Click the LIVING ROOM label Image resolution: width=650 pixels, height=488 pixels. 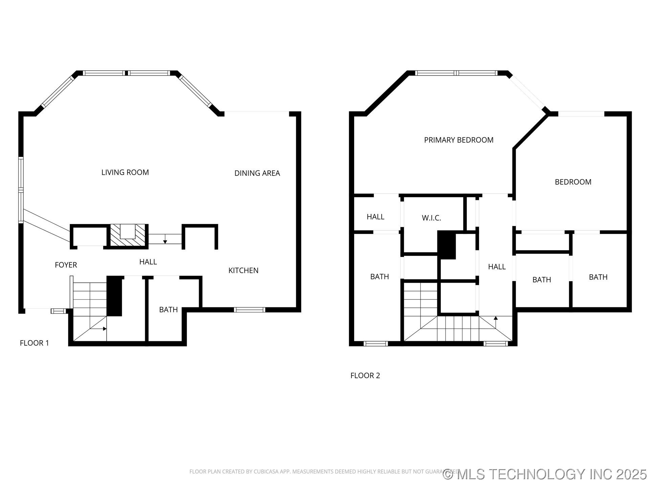point(125,172)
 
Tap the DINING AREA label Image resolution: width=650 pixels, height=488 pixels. point(257,173)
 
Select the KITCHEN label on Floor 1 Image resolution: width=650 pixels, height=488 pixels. point(243,270)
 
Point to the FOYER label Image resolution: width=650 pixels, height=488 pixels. point(66,265)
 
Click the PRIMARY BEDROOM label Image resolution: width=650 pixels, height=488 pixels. point(458,140)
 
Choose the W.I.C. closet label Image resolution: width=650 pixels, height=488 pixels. point(431,218)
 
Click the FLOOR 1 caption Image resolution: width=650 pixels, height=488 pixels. point(34,343)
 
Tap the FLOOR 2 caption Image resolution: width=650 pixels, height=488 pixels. point(365,375)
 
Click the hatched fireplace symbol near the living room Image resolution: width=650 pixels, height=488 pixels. point(128,235)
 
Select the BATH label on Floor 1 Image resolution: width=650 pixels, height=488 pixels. point(168,310)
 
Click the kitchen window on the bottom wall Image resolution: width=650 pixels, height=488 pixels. point(250,309)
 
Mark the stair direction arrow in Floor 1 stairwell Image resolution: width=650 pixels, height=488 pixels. point(104,329)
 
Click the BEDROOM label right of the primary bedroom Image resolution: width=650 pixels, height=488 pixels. point(573,182)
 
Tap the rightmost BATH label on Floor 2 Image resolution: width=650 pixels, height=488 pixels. point(598,277)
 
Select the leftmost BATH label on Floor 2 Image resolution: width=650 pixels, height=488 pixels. point(380,277)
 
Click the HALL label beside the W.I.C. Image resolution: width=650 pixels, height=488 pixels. point(375,217)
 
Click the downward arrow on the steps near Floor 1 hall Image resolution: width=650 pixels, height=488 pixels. point(165,241)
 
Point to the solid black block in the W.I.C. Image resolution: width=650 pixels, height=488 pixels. point(447,245)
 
